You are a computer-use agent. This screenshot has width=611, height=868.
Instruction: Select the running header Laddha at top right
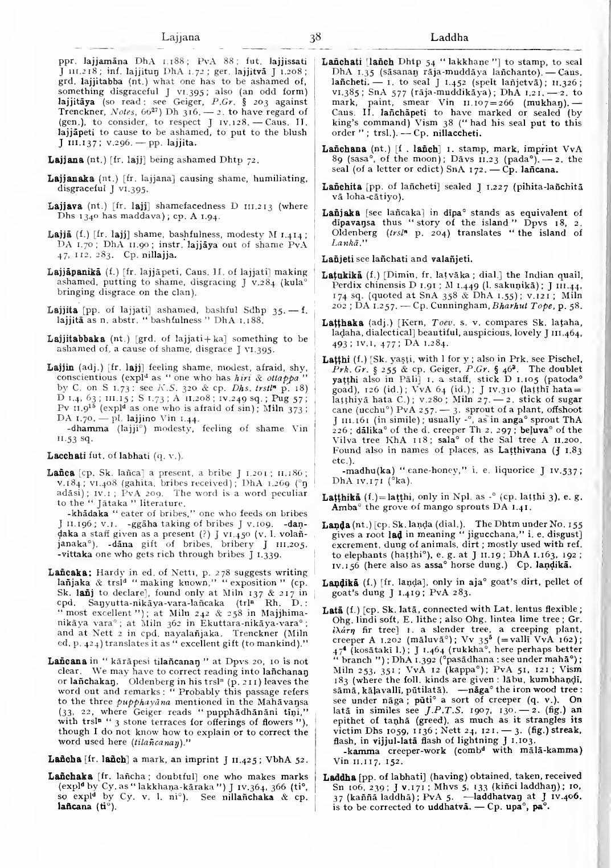(x=449, y=38)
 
